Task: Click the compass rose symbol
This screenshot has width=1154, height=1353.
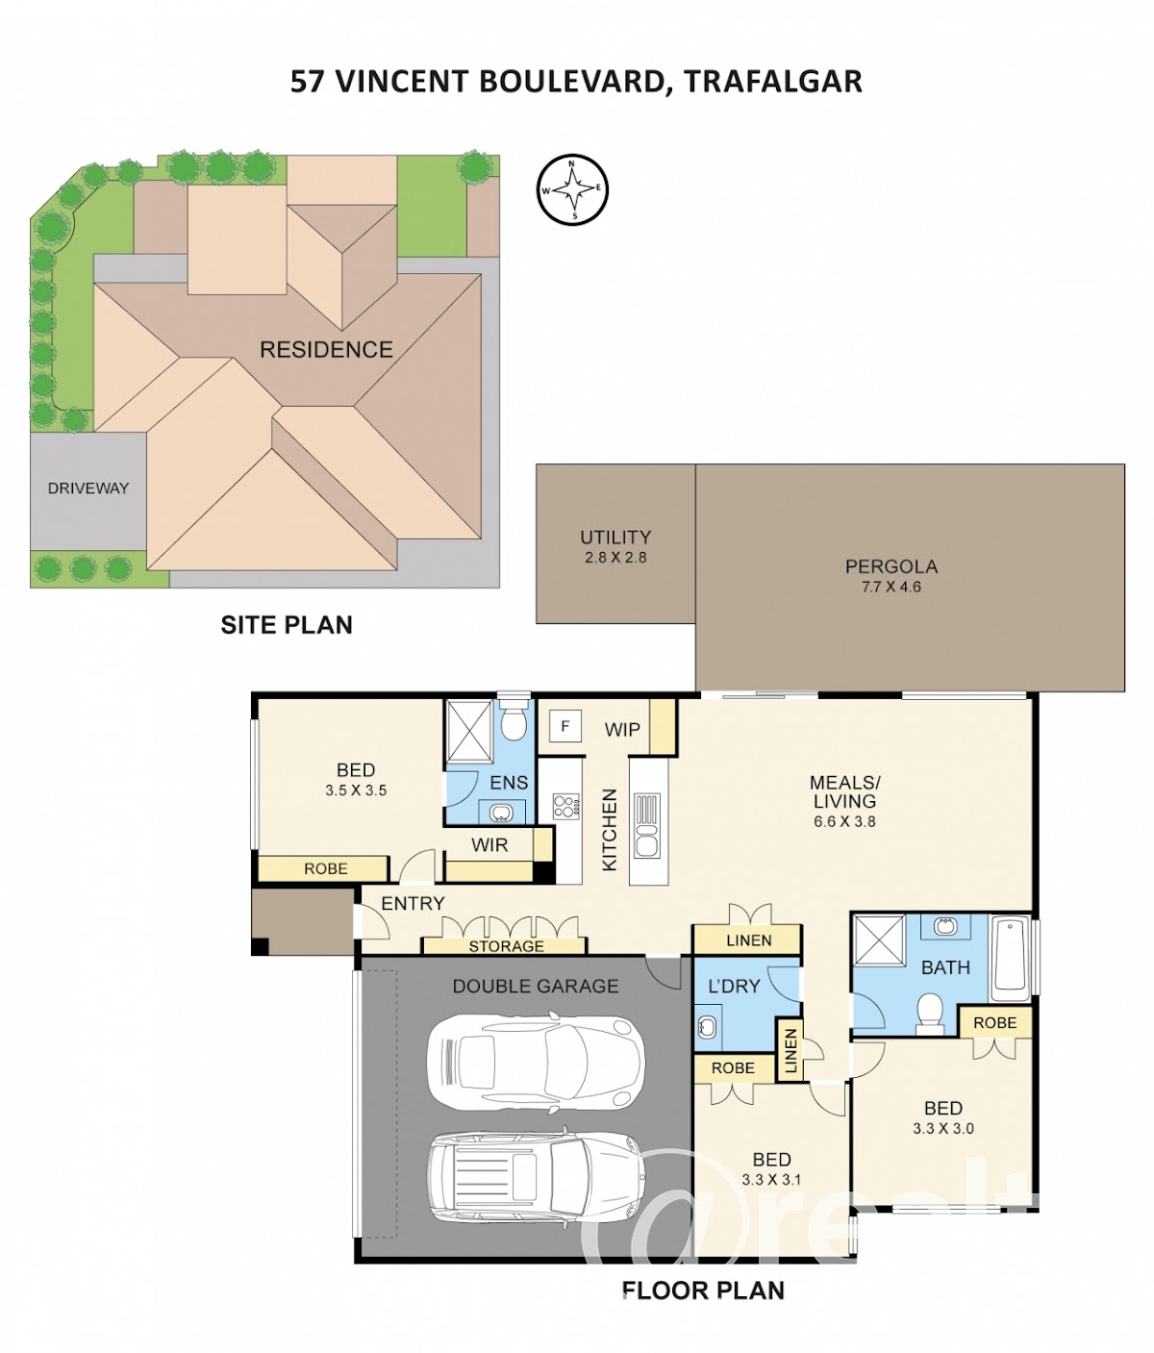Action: pyautogui.click(x=573, y=189)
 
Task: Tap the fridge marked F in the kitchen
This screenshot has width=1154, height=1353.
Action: pyautogui.click(x=565, y=726)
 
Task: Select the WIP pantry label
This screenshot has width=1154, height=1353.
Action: pyautogui.click(x=622, y=729)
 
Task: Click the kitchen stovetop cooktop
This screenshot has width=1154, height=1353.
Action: pyautogui.click(x=566, y=807)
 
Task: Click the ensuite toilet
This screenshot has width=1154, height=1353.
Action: pyautogui.click(x=514, y=720)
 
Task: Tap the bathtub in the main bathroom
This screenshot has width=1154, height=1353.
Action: pyautogui.click(x=1011, y=959)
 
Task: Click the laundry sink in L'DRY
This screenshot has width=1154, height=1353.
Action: pyautogui.click(x=707, y=1026)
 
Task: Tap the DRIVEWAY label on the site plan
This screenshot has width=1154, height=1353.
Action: pyautogui.click(x=88, y=488)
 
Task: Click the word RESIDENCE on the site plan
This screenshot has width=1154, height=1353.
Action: pyautogui.click(x=326, y=349)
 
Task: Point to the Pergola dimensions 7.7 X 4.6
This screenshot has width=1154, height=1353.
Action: pyautogui.click(x=891, y=587)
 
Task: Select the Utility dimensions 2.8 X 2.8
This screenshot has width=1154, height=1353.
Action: pyautogui.click(x=615, y=558)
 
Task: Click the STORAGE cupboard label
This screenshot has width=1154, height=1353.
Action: pyautogui.click(x=506, y=946)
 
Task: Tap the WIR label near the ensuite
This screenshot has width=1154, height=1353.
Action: pyautogui.click(x=489, y=844)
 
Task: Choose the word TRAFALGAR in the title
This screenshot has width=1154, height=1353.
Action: pyautogui.click(x=773, y=82)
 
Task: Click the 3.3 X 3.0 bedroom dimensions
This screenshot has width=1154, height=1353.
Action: pyautogui.click(x=943, y=1128)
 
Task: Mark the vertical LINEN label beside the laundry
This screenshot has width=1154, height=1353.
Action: pyautogui.click(x=790, y=1051)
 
